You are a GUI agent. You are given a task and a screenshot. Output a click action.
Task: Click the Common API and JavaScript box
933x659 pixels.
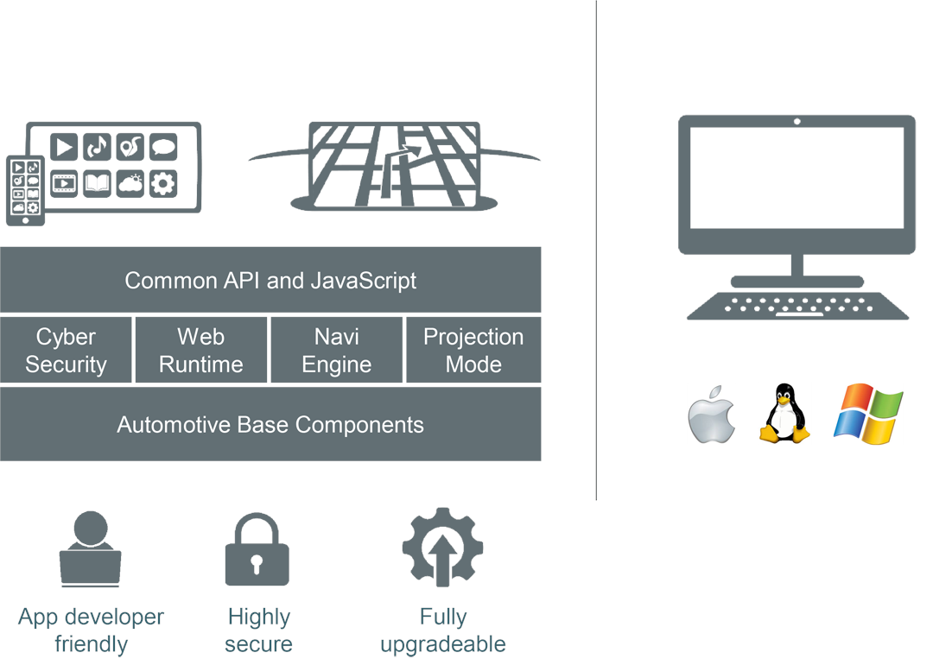[270, 280]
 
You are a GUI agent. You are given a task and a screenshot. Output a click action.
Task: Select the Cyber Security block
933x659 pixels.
[66, 350]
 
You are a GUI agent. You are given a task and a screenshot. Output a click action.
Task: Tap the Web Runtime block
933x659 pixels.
[201, 350]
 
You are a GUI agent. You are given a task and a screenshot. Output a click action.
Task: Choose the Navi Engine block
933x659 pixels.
[337, 350]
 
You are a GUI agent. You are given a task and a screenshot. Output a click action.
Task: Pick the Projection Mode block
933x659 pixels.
[473, 350]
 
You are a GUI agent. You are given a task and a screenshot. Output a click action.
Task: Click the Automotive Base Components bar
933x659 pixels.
[270, 424]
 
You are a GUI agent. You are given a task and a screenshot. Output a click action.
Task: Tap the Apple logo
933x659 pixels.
[712, 416]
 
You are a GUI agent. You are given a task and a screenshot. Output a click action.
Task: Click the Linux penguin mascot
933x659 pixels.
[784, 415]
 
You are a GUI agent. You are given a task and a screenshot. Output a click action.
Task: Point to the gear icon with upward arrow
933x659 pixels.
[442, 548]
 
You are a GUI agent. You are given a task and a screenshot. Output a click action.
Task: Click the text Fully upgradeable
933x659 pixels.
[442, 630]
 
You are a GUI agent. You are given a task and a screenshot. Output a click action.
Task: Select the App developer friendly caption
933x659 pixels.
[91, 630]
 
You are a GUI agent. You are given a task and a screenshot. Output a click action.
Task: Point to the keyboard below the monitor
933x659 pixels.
[797, 306]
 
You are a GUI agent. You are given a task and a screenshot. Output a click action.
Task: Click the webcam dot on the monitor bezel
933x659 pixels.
[797, 122]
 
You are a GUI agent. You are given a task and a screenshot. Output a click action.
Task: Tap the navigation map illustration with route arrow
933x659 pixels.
[395, 166]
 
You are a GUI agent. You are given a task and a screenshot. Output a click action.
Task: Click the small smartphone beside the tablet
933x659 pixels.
[25, 189]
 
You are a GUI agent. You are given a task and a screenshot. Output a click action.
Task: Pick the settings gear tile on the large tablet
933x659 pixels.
[163, 183]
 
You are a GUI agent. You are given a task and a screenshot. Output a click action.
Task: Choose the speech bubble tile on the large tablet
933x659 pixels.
[163, 148]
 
